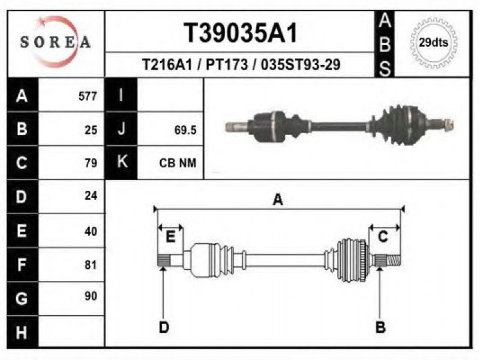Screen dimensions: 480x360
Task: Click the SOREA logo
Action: (55, 41)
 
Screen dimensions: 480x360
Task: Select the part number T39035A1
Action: (241, 33)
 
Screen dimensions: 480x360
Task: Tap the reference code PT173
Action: (227, 65)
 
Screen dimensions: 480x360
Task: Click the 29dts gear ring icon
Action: (433, 42)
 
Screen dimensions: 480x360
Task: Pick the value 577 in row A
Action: (88, 96)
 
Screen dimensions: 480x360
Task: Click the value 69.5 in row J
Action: (185, 130)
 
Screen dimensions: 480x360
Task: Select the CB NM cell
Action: (178, 163)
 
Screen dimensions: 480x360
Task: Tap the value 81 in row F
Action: (91, 265)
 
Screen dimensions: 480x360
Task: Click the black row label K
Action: (121, 162)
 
